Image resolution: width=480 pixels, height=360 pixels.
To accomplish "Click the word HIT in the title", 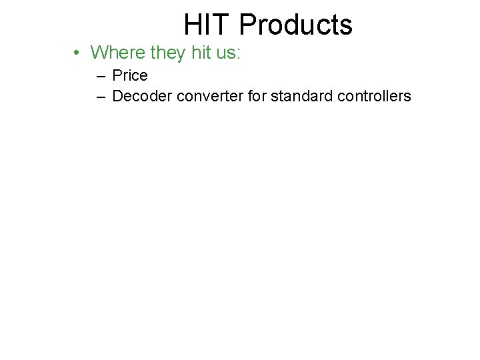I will (207, 25).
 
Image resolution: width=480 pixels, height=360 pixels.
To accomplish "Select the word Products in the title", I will (295, 25).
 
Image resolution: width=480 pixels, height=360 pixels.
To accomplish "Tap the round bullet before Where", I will (78, 53).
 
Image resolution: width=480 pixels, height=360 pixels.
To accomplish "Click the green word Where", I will (117, 52).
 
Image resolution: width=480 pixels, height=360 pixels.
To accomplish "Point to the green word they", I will (169, 53).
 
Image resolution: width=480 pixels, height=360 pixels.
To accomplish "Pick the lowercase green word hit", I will (201, 52).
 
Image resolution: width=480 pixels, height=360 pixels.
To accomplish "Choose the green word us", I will (225, 53).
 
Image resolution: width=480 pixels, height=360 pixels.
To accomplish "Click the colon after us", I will (238, 53).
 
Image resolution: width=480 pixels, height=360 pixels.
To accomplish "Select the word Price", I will (130, 76).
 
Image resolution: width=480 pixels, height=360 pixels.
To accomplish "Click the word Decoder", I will (142, 96).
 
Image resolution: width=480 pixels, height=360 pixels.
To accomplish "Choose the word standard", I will (301, 96).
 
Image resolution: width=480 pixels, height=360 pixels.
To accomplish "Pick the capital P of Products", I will (247, 25).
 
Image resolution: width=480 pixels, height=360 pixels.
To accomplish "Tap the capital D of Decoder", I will (118, 96).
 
